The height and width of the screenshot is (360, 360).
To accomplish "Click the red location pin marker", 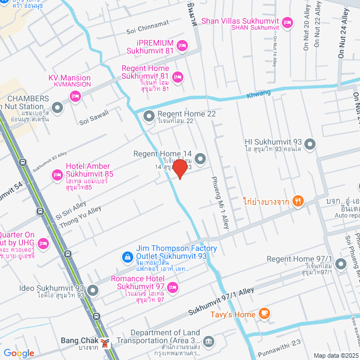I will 179,169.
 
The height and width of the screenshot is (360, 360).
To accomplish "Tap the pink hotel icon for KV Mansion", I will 75,97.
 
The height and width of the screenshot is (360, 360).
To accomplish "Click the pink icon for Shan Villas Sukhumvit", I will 287,22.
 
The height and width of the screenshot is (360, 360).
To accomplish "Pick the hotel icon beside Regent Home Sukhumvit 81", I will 178,76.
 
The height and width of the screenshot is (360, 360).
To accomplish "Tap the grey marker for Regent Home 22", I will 149,116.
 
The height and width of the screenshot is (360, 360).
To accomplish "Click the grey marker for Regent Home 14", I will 200,158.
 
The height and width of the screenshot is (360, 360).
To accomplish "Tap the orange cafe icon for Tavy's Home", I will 264,314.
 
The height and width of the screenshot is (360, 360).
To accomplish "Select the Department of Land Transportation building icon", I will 209,341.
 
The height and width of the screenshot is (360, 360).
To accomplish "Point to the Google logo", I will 19,353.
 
